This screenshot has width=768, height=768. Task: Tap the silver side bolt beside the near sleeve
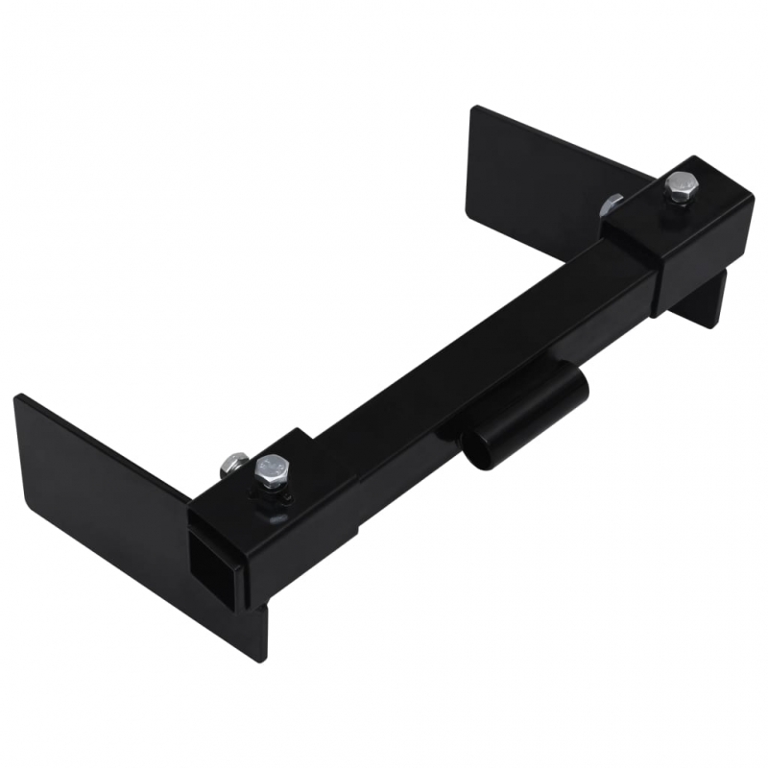click(x=229, y=464)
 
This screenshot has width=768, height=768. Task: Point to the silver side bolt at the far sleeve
click(x=611, y=204)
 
